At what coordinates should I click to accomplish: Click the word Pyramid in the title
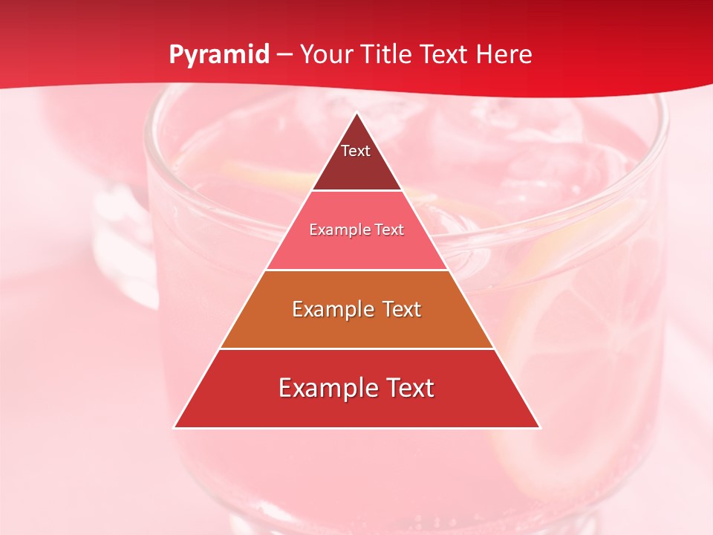[219, 55]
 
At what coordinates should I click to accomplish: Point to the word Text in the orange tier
[399, 309]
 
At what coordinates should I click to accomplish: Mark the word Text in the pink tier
[390, 230]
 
